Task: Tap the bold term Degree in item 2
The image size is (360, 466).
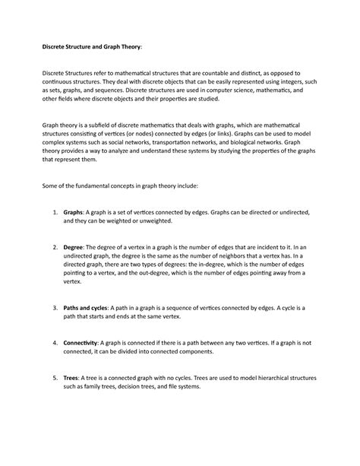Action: click(x=73, y=248)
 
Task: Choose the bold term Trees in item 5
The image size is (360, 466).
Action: click(x=71, y=378)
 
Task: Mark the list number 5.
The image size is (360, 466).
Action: click(x=55, y=378)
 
